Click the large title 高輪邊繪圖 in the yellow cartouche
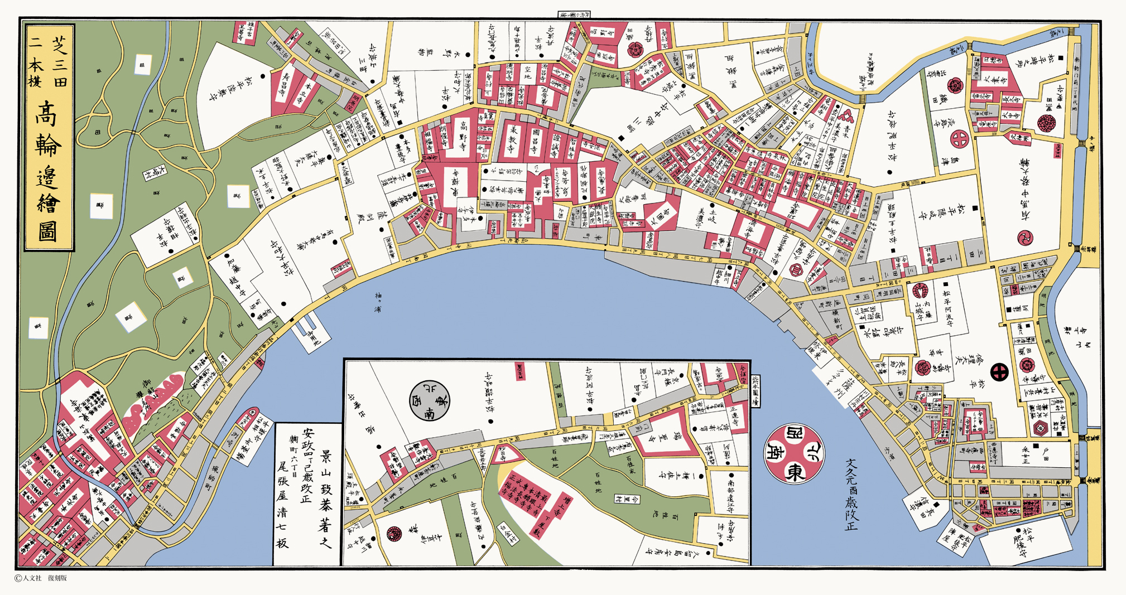click(x=49, y=170)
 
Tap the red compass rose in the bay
click(x=794, y=453)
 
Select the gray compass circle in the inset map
click(x=429, y=401)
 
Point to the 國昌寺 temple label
click(x=536, y=142)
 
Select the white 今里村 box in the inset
click(x=627, y=499)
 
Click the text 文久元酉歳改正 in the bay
click(x=851, y=494)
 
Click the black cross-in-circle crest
click(x=999, y=372)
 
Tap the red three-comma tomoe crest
click(x=1026, y=238)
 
